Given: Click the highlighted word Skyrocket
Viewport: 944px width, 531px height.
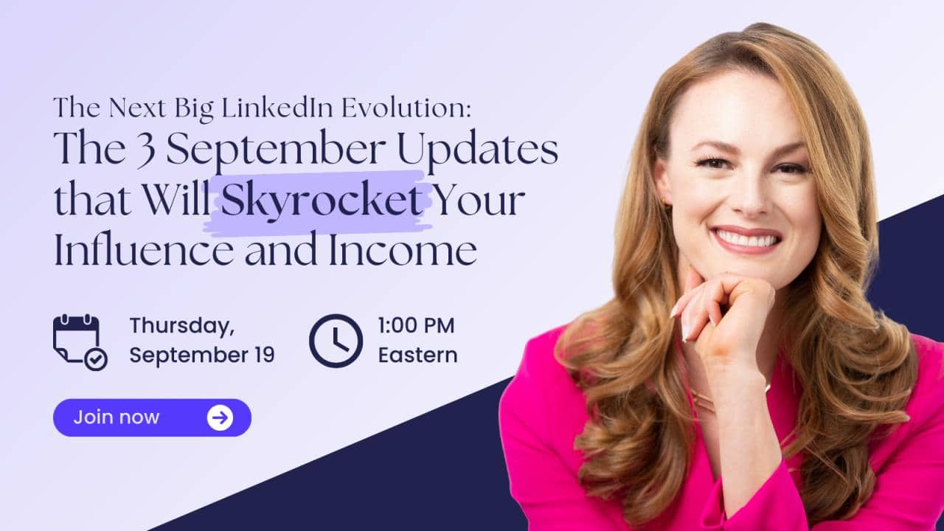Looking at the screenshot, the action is [322, 201].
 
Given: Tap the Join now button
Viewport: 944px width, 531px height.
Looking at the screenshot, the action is [152, 417].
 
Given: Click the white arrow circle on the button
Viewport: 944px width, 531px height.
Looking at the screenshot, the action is [220, 417].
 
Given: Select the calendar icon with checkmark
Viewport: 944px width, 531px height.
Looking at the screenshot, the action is [80, 342].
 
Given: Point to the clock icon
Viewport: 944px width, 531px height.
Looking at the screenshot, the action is [336, 341].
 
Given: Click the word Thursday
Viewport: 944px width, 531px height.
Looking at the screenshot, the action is [182, 327].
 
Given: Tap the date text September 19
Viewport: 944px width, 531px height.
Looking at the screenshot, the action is [202, 355].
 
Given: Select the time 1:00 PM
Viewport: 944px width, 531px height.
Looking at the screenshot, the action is [416, 326].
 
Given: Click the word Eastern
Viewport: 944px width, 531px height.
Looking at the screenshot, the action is [417, 355].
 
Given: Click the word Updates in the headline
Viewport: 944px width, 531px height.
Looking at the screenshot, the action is [477, 151].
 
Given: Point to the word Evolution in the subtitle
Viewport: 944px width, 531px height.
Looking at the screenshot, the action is [406, 108].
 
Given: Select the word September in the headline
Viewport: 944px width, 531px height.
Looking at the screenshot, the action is [276, 153].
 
